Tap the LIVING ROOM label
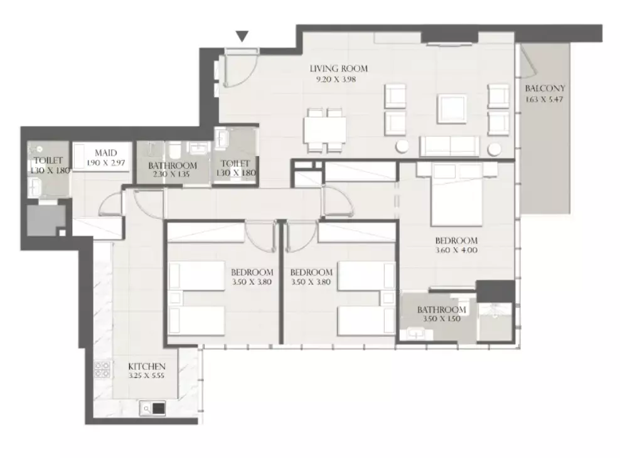tap(338, 69)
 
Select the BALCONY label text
tap(545, 88)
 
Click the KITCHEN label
tap(147, 366)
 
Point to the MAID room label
tap(106, 153)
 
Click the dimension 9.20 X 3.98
tap(336, 80)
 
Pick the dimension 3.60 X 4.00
tap(456, 250)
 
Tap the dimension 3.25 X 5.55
tap(146, 376)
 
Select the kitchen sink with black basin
tap(152, 408)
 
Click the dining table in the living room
tap(324, 130)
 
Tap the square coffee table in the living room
tap(452, 109)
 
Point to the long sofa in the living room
tap(449, 146)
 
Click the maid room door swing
tap(110, 204)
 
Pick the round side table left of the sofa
tap(402, 147)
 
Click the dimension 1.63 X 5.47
tap(544, 100)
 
